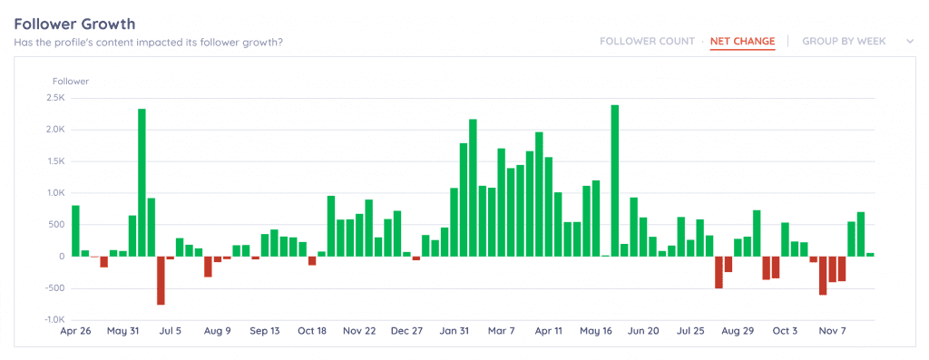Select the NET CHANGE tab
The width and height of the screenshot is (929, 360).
coord(742,42)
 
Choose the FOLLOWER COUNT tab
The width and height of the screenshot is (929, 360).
coord(646,42)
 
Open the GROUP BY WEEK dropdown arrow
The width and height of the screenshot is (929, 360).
coord(909,41)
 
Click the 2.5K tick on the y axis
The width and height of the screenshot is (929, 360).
coord(54,98)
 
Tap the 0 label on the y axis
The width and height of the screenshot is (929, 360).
coord(63,257)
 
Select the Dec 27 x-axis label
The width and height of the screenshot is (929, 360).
coord(407,332)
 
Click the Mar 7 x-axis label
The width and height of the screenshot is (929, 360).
coord(501,332)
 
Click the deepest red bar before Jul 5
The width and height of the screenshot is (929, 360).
coord(161,280)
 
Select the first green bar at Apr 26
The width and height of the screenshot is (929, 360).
coord(75,230)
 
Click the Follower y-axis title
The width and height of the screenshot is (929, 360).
coord(70,82)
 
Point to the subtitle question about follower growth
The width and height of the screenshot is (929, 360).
coord(148,42)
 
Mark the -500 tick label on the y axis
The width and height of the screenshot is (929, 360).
coord(54,288)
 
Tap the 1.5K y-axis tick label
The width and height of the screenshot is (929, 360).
coord(54,161)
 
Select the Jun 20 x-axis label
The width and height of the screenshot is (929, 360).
coord(645,332)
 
